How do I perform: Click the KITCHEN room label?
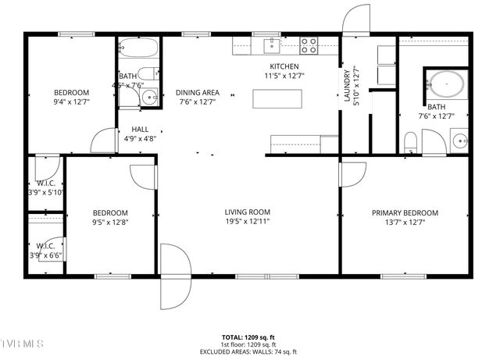point(285,66)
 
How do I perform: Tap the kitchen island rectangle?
point(277,99)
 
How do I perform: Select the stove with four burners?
point(309,45)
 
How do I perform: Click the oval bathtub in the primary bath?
point(446,84)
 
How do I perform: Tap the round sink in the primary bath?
point(460,141)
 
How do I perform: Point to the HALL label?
point(140,129)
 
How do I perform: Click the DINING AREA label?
point(197,92)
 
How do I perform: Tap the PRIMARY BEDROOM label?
point(404,212)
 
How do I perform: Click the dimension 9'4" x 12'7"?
point(71,102)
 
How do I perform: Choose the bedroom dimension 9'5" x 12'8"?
point(110,222)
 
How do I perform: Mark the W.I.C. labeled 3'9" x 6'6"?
point(45,255)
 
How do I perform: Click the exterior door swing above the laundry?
point(355,20)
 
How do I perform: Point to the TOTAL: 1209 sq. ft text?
point(247,337)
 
